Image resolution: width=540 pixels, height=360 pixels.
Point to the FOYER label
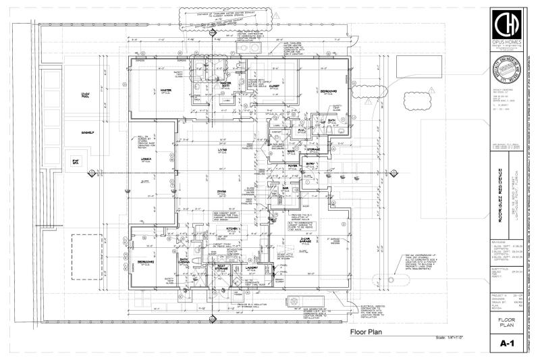click(x=293, y=164)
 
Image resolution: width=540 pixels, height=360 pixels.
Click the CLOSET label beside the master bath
click(x=274, y=86)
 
